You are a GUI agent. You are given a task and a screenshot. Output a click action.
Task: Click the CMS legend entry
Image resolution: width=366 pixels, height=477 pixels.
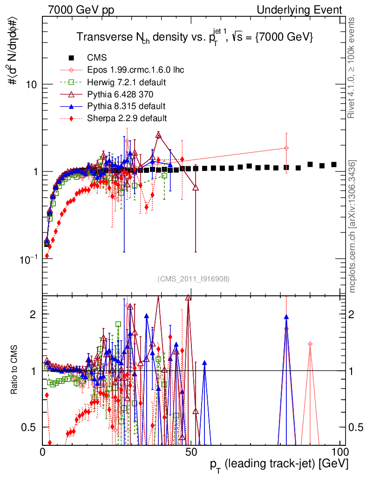(97, 58)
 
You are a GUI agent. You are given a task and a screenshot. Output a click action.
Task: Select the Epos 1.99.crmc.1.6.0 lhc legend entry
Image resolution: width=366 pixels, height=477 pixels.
(136, 70)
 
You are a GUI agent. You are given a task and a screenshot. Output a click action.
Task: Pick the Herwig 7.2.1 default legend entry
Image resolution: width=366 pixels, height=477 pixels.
(127, 82)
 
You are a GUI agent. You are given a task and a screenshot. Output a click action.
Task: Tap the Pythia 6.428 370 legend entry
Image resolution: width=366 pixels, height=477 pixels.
(123, 95)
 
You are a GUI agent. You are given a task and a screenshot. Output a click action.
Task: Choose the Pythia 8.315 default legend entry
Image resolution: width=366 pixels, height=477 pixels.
(126, 106)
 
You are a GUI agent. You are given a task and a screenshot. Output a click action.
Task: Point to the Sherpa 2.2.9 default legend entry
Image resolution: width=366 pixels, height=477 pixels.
(127, 118)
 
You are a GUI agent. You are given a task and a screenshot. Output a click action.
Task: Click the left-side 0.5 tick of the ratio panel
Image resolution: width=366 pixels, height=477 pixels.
(29, 427)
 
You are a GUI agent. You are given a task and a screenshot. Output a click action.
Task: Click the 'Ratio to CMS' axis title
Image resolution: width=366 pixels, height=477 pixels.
(14, 370)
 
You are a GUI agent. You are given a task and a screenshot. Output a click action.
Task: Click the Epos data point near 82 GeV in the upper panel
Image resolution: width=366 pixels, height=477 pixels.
(286, 148)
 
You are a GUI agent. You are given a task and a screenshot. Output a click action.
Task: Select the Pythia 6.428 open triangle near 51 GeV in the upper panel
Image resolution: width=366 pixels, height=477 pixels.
(196, 188)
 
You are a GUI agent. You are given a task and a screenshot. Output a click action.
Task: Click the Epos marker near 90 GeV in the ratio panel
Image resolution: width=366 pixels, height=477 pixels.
(310, 344)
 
